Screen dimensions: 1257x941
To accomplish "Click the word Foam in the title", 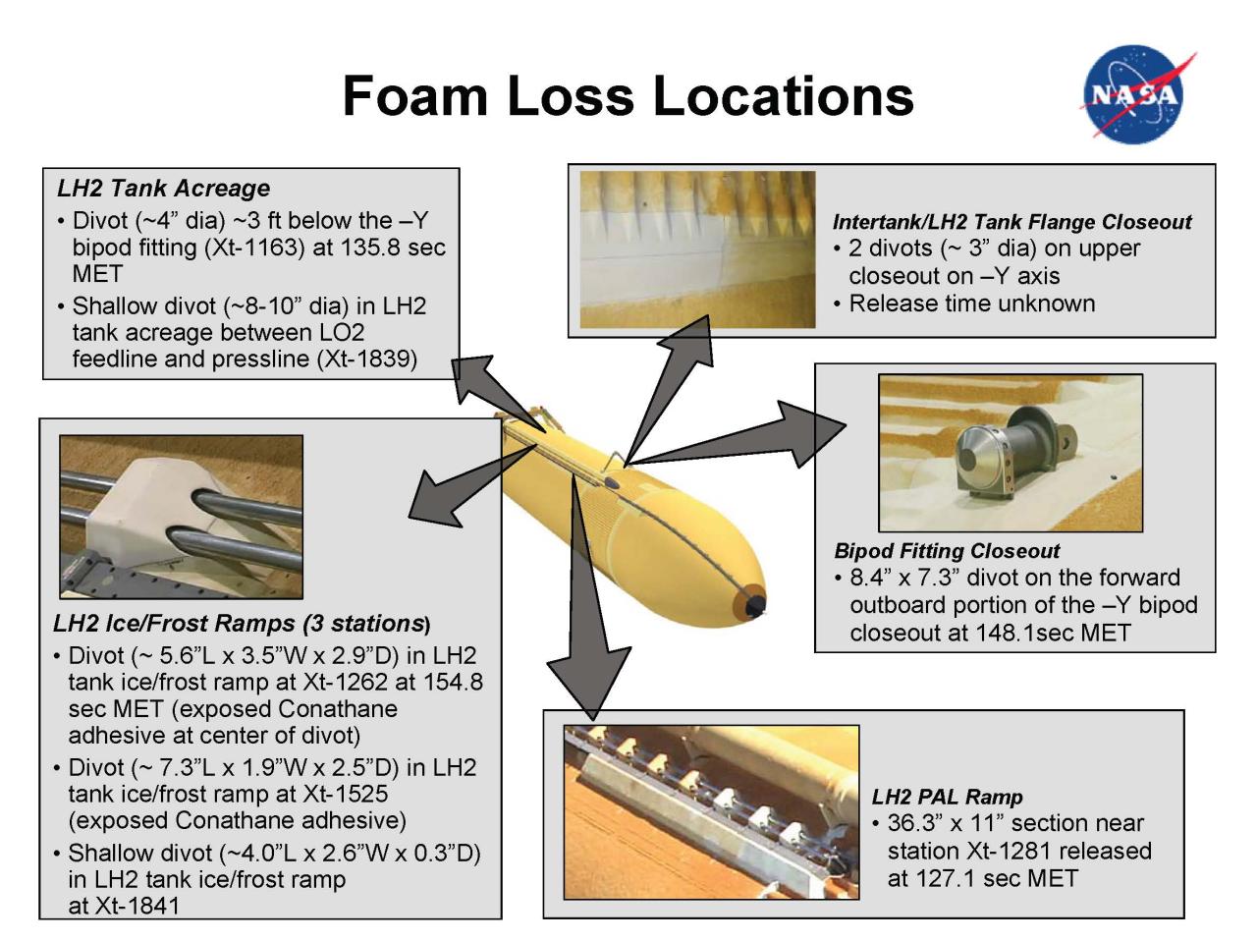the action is (x=414, y=95).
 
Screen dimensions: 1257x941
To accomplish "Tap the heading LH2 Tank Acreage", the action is (x=163, y=188).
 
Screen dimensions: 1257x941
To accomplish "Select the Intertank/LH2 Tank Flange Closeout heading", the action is (x=1011, y=222).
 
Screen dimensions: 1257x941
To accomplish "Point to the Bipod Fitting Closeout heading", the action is (x=947, y=550).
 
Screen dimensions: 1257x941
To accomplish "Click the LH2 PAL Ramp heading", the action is (x=947, y=797).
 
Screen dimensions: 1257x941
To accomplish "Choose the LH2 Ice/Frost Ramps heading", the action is (x=242, y=623).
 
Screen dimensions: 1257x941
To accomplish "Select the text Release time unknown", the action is (x=972, y=303).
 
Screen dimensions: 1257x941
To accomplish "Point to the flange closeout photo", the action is (x=697, y=249).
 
